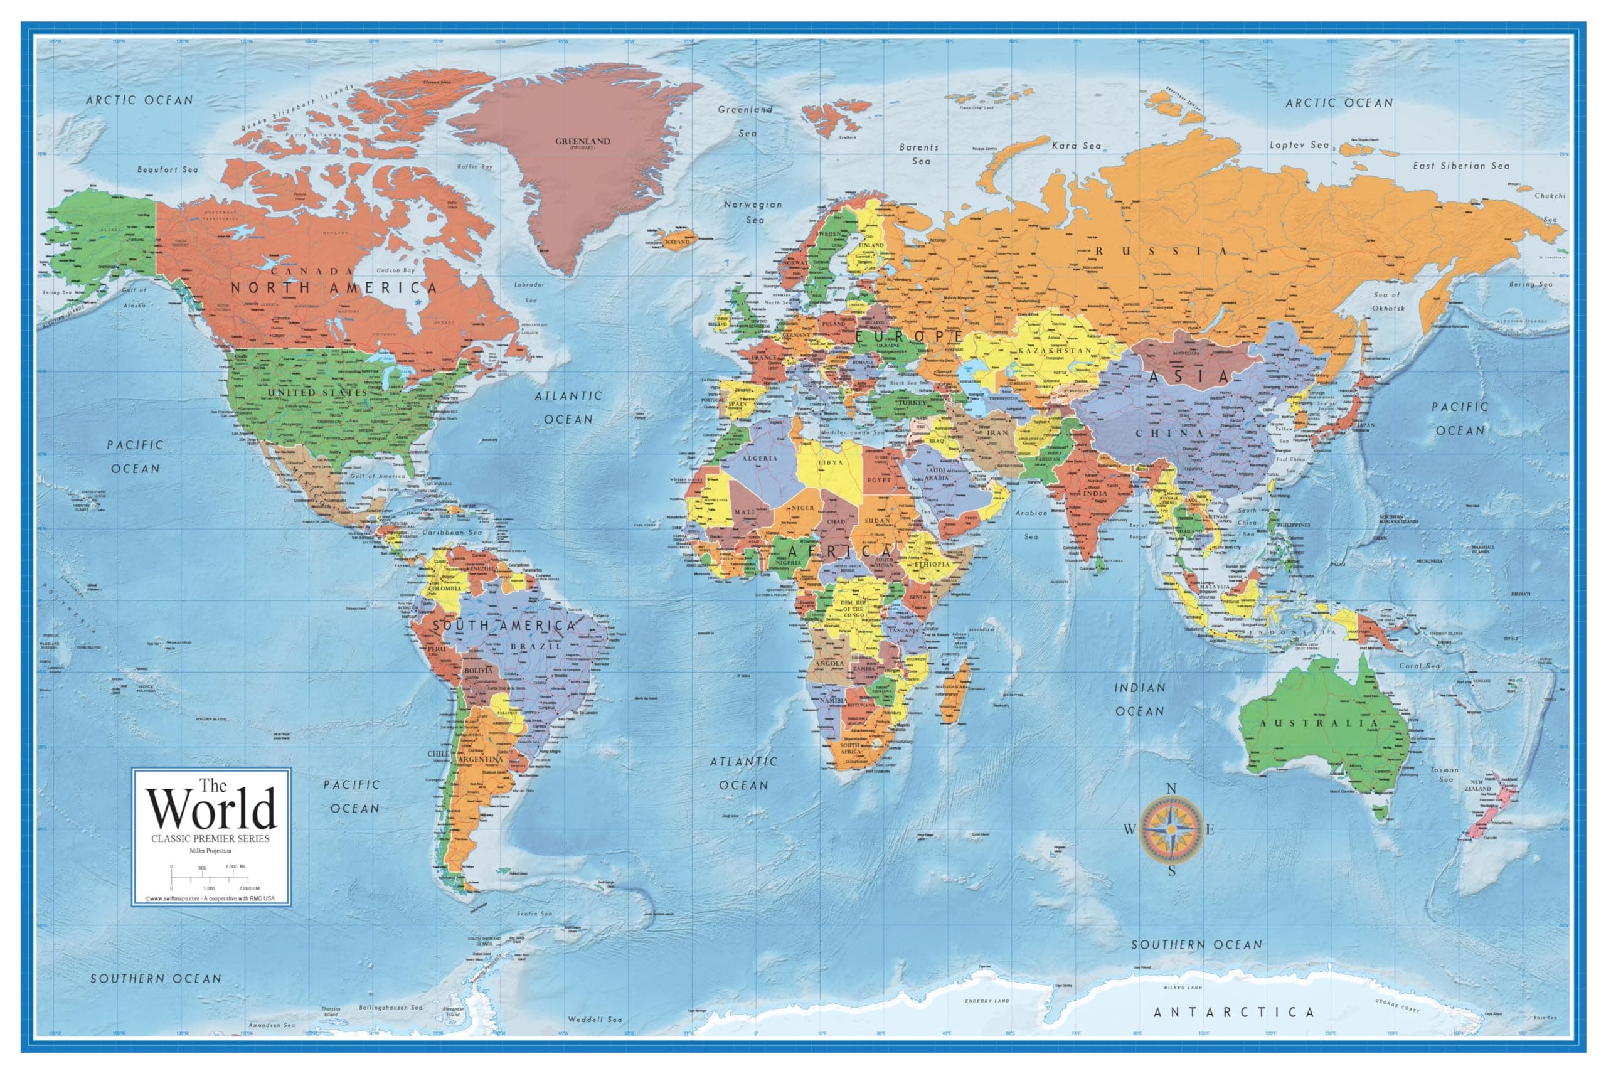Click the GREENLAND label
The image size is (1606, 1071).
(x=582, y=141)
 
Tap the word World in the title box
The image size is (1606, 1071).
(x=211, y=809)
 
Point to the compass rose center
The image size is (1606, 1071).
(x=1171, y=829)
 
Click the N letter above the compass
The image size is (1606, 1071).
(x=1171, y=789)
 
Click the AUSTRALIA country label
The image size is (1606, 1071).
(x=1319, y=723)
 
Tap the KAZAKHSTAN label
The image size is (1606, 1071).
(x=1055, y=350)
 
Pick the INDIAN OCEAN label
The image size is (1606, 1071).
(x=1140, y=700)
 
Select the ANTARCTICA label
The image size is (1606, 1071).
(x=1234, y=1011)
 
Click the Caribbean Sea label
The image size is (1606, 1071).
(x=451, y=532)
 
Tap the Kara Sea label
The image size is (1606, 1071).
(x=1076, y=146)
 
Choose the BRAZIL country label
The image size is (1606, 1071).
(x=536, y=646)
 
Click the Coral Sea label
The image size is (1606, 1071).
(x=1420, y=665)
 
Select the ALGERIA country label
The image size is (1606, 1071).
(x=759, y=458)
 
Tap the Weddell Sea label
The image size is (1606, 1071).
(x=595, y=1019)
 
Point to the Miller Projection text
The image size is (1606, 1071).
(x=210, y=851)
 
